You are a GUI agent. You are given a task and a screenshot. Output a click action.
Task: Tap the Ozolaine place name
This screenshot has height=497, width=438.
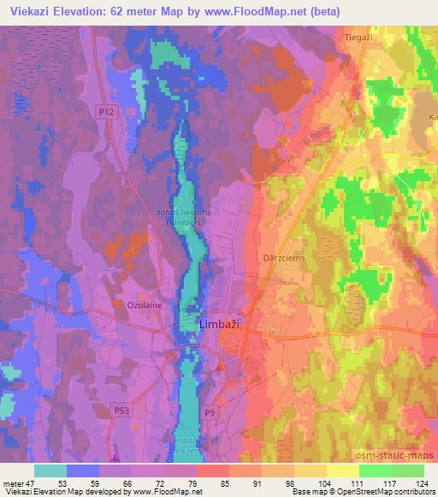tap(133, 304)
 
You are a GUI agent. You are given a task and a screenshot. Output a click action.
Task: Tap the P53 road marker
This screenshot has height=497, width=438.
tap(121, 410)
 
